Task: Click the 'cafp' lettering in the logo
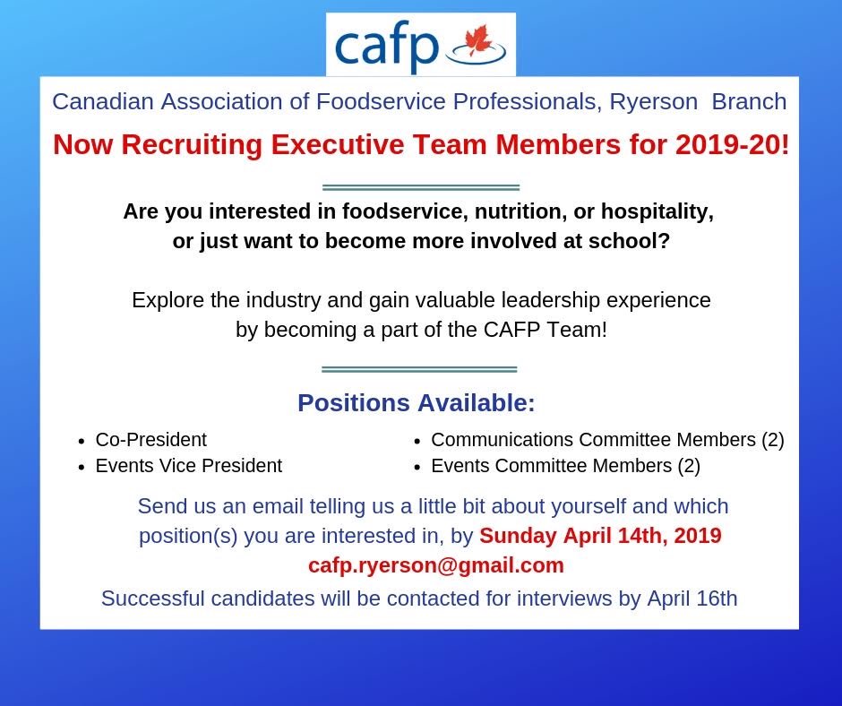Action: click(x=387, y=47)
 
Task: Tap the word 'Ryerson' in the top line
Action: click(x=653, y=101)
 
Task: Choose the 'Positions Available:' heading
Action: click(x=416, y=403)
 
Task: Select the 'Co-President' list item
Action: click(x=150, y=440)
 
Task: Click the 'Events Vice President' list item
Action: click(x=188, y=466)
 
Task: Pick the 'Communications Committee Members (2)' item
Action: click(x=607, y=440)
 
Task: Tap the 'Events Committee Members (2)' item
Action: click(x=565, y=466)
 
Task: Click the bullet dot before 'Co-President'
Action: click(x=82, y=441)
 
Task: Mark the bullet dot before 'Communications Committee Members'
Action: click(x=417, y=441)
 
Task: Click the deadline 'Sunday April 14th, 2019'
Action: click(x=600, y=536)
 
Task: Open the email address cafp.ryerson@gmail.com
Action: click(x=436, y=565)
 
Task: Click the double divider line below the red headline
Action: click(x=420, y=187)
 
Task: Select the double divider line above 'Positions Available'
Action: click(x=418, y=369)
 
